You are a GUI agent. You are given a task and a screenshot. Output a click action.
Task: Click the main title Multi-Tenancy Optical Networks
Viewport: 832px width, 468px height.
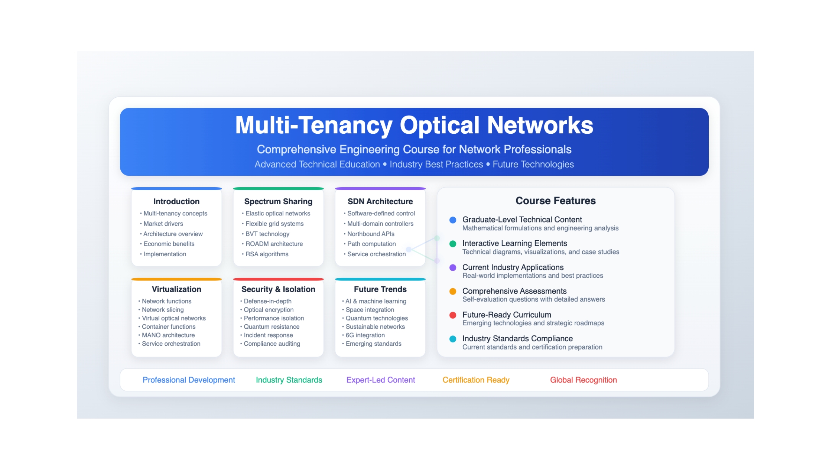coord(414,125)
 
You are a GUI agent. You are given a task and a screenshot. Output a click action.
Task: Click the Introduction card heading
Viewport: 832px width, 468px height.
coord(176,201)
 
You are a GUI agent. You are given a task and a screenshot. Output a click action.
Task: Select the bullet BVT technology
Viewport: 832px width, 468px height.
coord(267,234)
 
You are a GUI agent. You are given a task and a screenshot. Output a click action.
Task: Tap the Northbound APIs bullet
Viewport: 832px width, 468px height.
coord(371,234)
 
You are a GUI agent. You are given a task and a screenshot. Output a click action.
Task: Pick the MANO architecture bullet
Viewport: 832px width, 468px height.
coord(168,335)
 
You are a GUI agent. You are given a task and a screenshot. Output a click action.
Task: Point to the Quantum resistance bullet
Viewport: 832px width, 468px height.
coord(272,326)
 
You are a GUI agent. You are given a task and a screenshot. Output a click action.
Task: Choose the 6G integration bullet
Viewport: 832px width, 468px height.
coord(365,335)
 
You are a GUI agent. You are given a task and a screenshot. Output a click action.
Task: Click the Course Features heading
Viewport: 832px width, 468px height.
coord(555,201)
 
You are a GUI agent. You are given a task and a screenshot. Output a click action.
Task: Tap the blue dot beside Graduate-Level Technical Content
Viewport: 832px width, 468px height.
coord(453,220)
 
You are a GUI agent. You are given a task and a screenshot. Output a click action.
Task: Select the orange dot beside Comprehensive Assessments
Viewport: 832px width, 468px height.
coord(453,291)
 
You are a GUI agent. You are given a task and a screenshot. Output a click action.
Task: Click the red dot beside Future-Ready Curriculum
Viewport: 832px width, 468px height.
coord(453,315)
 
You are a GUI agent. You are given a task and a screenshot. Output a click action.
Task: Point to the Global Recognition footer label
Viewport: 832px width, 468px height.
coord(583,380)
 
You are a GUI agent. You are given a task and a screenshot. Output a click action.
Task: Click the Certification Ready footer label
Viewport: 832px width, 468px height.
coord(476,380)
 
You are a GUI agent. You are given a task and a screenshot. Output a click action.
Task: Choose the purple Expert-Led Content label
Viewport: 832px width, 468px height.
coord(380,380)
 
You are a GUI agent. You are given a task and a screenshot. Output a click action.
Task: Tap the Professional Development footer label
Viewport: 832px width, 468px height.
coord(189,380)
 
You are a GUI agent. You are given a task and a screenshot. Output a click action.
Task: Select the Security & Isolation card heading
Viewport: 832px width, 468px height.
coord(278,289)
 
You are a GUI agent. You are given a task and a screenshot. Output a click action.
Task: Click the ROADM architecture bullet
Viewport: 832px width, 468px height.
coord(274,244)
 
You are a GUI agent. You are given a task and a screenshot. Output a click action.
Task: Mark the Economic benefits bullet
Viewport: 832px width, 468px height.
coord(169,244)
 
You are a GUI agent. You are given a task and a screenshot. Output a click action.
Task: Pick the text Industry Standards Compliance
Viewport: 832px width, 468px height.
coord(517,338)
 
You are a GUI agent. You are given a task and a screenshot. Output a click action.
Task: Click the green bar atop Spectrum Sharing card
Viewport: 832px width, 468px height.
coord(278,189)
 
